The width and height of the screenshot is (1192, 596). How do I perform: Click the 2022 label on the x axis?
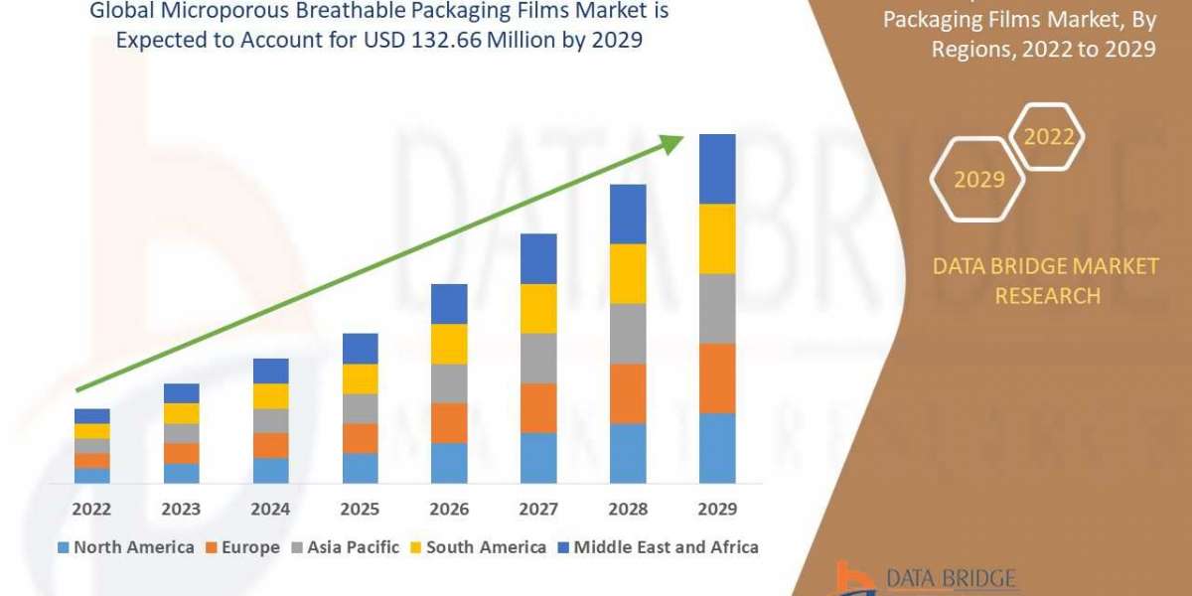pyautogui.click(x=92, y=509)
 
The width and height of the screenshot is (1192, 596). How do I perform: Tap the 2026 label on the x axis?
pyautogui.click(x=449, y=509)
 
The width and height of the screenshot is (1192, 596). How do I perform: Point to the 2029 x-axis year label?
pyautogui.click(x=717, y=509)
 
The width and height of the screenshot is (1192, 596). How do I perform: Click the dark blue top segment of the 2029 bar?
pyautogui.click(x=717, y=169)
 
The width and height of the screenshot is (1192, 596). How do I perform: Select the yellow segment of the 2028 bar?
pyautogui.click(x=628, y=273)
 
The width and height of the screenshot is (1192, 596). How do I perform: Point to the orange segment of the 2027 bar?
pyautogui.click(x=538, y=408)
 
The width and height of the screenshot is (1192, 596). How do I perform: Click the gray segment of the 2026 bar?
pyautogui.click(x=449, y=383)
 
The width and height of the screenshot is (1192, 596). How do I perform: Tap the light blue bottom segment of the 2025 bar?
pyautogui.click(x=361, y=468)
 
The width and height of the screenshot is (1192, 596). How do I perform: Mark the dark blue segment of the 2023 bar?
pyautogui.click(x=182, y=393)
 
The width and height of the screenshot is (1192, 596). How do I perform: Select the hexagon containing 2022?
pyautogui.click(x=1049, y=137)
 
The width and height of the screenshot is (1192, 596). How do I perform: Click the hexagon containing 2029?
pyautogui.click(x=978, y=180)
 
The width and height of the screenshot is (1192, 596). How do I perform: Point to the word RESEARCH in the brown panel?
pyautogui.click(x=1047, y=295)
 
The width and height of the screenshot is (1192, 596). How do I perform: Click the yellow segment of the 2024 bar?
pyautogui.click(x=271, y=396)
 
